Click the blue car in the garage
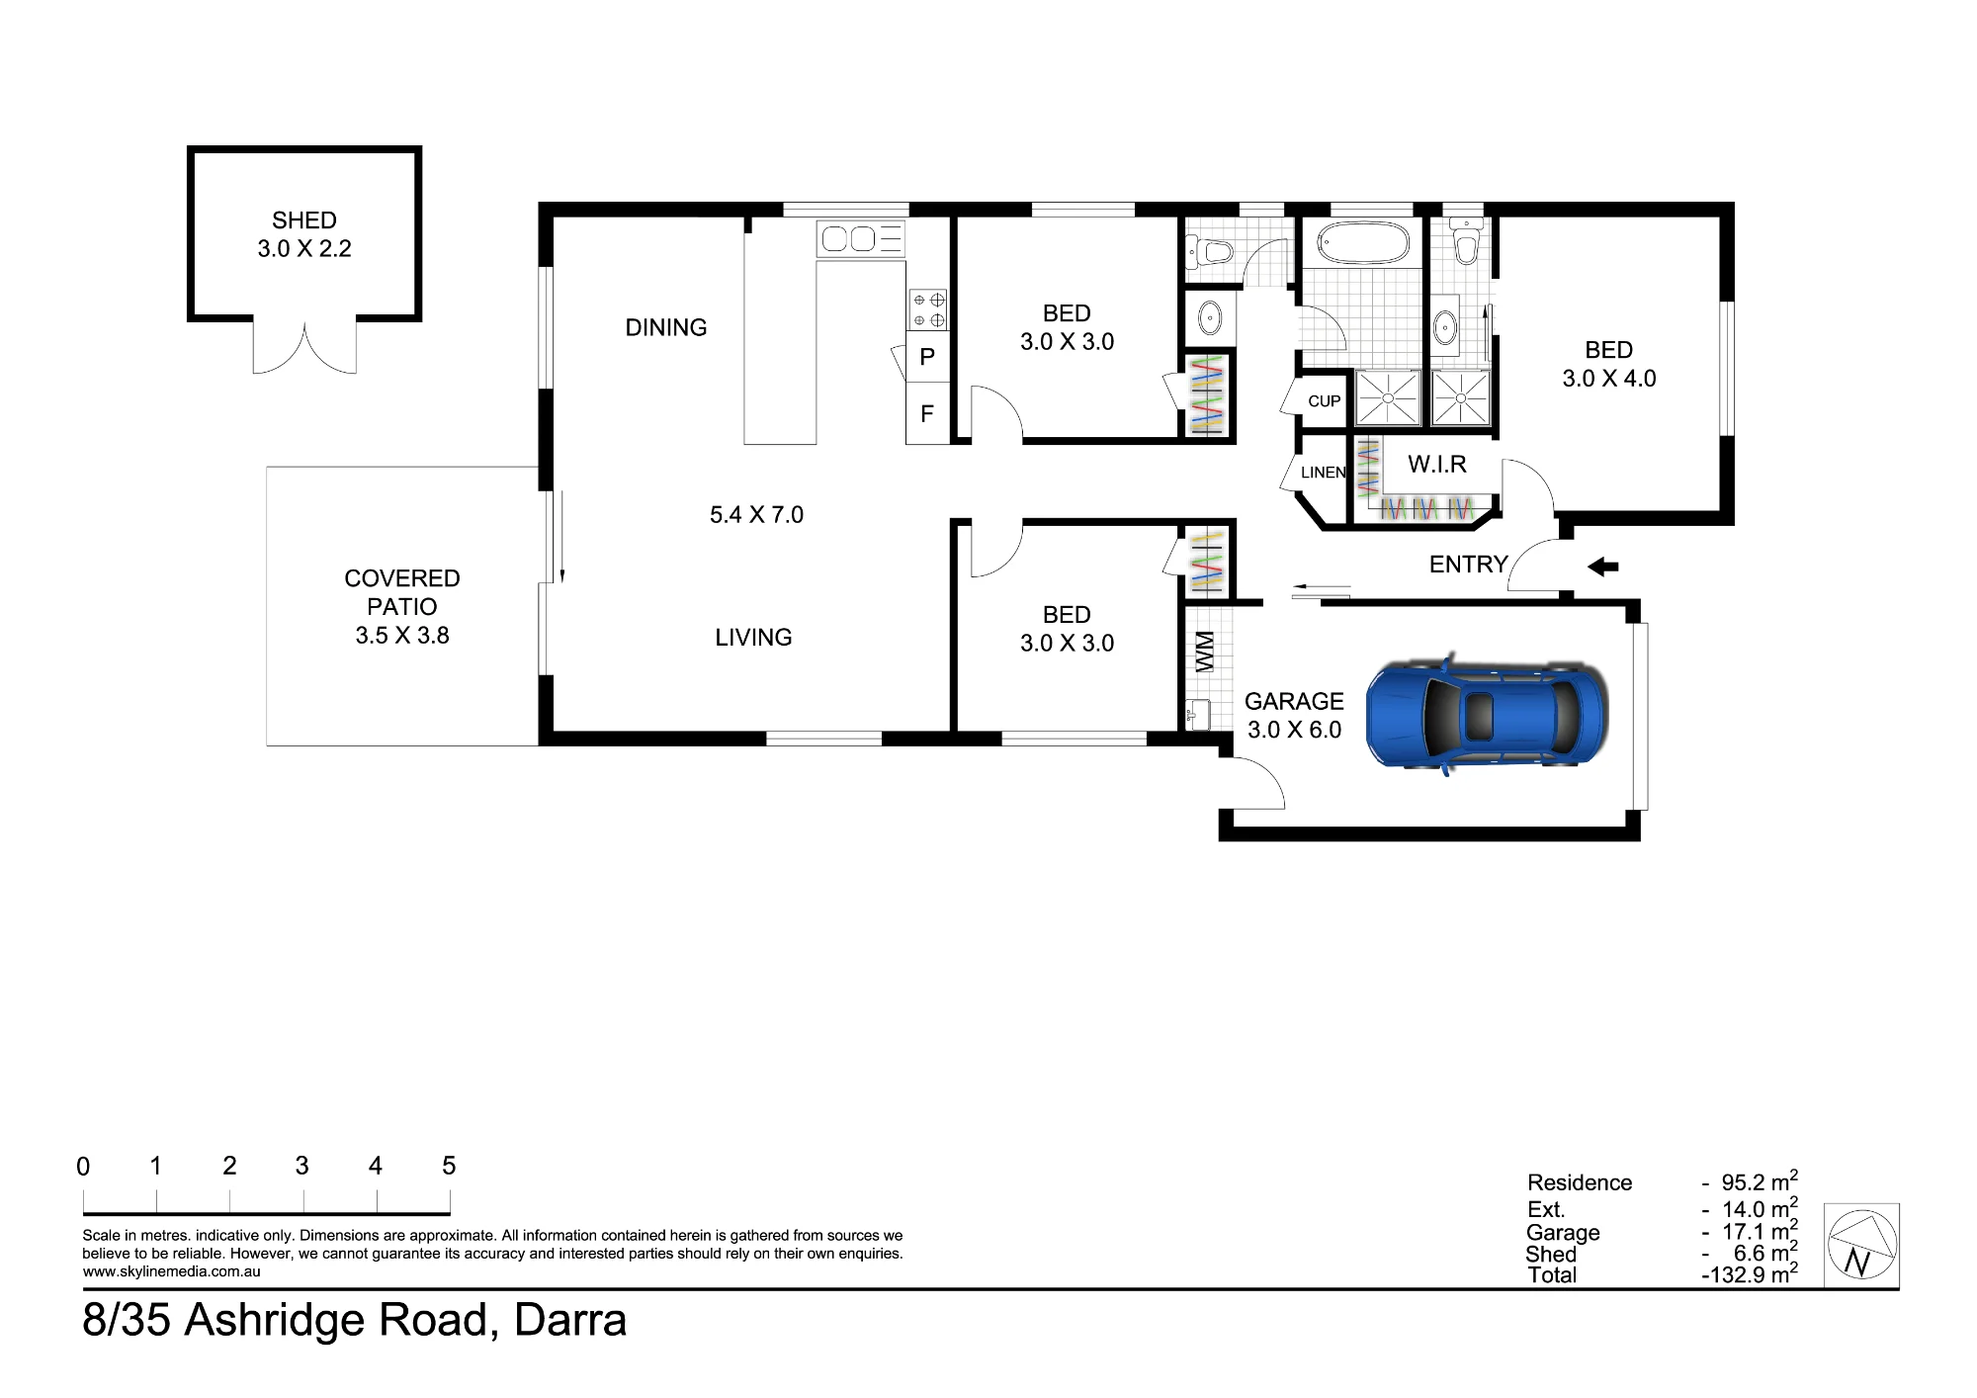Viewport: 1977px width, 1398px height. pyautogui.click(x=1487, y=713)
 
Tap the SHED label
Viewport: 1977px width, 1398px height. pyautogui.click(x=304, y=220)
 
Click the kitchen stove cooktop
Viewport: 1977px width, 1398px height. pyautogui.click(x=928, y=309)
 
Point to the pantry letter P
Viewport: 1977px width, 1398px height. pyautogui.click(x=927, y=357)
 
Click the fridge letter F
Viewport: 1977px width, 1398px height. pyautogui.click(x=927, y=413)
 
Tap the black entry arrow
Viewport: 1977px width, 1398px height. pyautogui.click(x=1602, y=567)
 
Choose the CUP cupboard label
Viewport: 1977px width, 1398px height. pyautogui.click(x=1325, y=401)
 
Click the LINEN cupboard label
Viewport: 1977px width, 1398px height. pyautogui.click(x=1324, y=473)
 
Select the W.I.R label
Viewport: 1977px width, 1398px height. pyautogui.click(x=1437, y=464)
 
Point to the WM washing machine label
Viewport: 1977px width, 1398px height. pyautogui.click(x=1205, y=652)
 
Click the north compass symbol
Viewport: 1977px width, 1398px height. pyautogui.click(x=1860, y=1245)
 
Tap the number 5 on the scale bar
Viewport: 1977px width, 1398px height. pyautogui.click(x=449, y=1166)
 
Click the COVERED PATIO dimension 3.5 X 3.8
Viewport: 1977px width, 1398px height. pyautogui.click(x=402, y=636)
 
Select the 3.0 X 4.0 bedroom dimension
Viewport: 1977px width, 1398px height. pyautogui.click(x=1609, y=379)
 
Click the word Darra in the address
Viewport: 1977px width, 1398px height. pyautogui.click(x=570, y=1320)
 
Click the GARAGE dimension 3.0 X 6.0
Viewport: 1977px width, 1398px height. pyautogui.click(x=1295, y=730)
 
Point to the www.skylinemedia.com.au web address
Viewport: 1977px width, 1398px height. pyautogui.click(x=172, y=1272)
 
